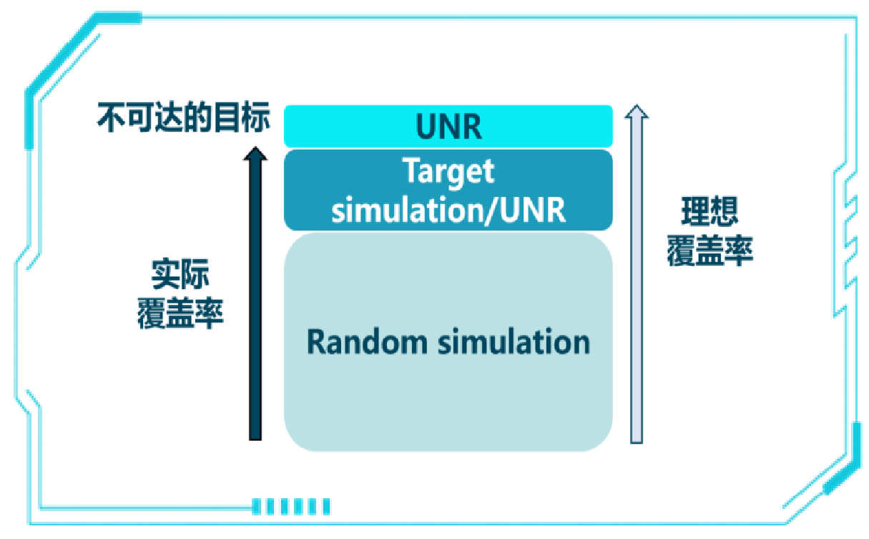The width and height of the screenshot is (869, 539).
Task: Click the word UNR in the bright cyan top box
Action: tap(448, 127)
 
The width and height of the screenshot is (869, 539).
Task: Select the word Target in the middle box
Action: tap(448, 172)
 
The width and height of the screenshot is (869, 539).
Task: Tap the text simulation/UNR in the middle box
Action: tap(448, 210)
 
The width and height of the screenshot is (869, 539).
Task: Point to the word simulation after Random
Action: tap(514, 342)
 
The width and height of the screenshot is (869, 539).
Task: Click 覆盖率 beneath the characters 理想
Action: tap(710, 251)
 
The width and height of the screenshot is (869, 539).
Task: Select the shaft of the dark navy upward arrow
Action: tap(255, 301)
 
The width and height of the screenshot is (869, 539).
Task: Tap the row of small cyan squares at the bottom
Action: tap(292, 506)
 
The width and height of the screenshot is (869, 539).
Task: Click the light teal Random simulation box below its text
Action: tap(448, 408)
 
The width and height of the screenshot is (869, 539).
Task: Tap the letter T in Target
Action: tap(411, 172)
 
